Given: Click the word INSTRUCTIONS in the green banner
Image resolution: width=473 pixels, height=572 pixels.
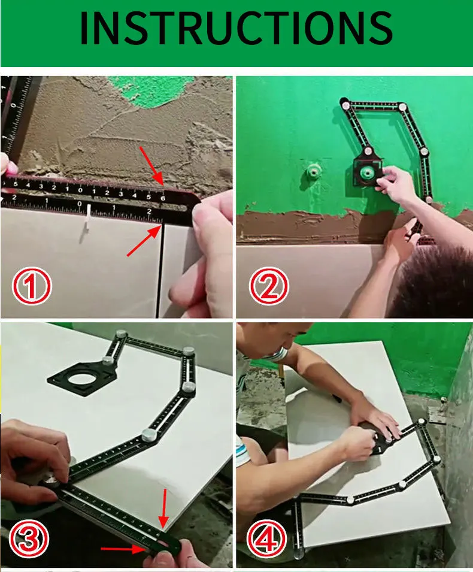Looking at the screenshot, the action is click(x=236, y=28).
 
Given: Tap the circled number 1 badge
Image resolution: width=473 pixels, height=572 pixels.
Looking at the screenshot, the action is click(x=31, y=286).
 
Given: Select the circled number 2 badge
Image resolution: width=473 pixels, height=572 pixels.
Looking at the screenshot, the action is click(x=269, y=286).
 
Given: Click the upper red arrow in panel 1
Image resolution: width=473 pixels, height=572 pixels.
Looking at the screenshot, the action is click(x=151, y=166).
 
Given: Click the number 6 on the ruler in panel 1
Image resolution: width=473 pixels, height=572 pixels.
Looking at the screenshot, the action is click(x=163, y=198).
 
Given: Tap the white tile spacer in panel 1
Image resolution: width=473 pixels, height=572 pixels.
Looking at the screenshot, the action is click(x=88, y=219).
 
